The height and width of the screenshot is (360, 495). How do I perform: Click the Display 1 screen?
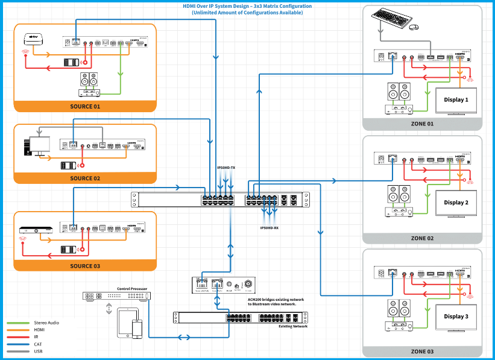[x=455, y=100]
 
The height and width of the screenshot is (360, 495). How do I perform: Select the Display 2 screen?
[x=455, y=203]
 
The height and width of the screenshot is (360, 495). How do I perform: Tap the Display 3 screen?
[x=455, y=317]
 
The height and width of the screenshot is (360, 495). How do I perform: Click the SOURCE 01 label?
[x=85, y=106]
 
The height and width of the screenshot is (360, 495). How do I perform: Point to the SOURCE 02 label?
[x=85, y=178]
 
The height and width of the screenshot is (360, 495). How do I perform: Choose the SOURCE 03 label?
[x=85, y=266]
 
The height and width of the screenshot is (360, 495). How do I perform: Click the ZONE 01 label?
[x=423, y=124]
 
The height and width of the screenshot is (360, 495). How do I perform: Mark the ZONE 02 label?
[x=423, y=238]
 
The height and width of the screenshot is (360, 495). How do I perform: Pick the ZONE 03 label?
[x=423, y=351]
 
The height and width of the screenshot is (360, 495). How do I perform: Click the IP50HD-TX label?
[x=227, y=168]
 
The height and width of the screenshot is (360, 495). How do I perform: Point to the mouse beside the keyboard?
[x=414, y=27]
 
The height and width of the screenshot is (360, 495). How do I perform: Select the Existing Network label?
[x=293, y=326]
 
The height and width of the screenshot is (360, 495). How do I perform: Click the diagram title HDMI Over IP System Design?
[x=247, y=6]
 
